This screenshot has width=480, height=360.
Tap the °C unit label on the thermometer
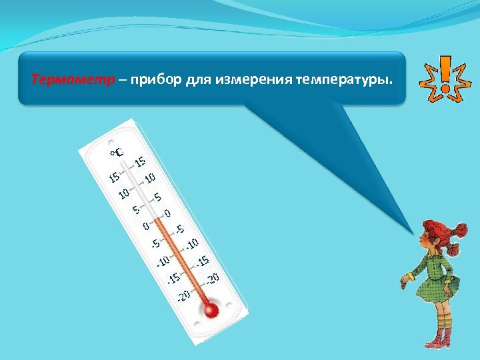(117, 153)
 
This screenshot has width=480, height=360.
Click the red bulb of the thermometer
(211, 310)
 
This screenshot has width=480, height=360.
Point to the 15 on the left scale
(115, 177)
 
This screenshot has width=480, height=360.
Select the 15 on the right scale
(141, 161)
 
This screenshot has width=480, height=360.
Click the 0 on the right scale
(167, 213)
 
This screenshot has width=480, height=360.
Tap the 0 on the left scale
(145, 225)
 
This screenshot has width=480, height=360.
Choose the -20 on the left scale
(184, 293)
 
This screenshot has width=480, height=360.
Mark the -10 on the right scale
(194, 245)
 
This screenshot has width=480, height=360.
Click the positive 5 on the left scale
(135, 209)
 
